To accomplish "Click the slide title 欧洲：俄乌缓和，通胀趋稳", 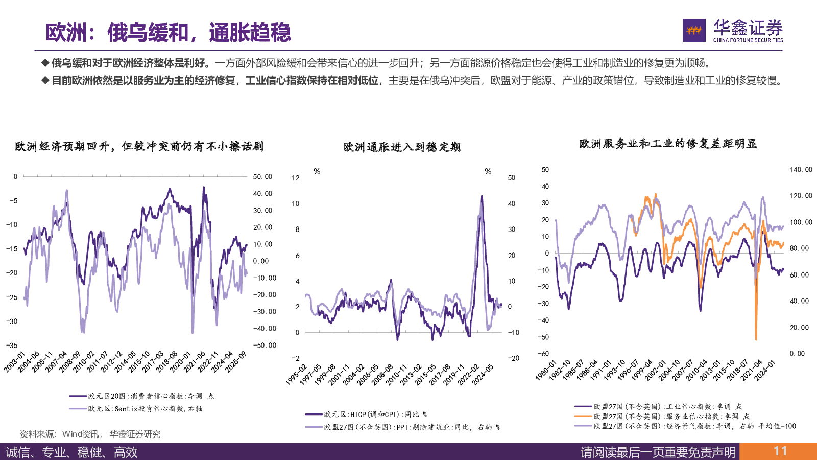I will coord(168,33).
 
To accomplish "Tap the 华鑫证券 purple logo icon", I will coord(694,31).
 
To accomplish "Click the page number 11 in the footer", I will coord(780,451).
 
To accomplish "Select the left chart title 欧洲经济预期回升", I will coord(139,147).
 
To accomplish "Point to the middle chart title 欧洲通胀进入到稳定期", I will coord(402,147).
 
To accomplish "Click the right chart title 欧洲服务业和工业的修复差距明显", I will coord(668,144).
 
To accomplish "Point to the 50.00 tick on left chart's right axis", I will coord(262,177).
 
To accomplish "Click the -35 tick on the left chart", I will coord(12,346).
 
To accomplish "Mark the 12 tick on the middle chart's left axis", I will coord(296,178).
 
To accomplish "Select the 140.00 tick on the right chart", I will coord(801,170).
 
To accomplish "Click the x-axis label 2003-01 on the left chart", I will coord(14,362).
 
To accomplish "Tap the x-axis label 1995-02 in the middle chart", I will coord(297,374).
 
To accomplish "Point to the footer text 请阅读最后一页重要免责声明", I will coord(658,452).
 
